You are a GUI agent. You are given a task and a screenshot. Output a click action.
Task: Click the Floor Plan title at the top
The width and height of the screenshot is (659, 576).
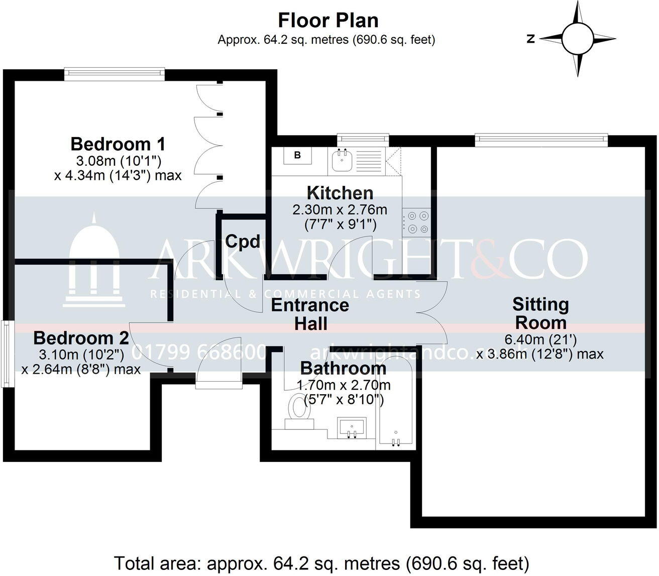[328, 21]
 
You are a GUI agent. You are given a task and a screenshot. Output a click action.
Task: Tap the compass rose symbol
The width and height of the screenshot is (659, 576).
[578, 39]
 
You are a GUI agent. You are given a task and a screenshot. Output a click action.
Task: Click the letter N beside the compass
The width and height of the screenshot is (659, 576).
[530, 39]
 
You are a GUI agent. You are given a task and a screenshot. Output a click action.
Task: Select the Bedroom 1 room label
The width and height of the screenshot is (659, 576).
[118, 144]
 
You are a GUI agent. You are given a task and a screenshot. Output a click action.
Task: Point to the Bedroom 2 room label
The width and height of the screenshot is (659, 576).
[81, 337]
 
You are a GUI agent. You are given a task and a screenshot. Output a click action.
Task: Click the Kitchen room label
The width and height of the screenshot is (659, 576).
[340, 193]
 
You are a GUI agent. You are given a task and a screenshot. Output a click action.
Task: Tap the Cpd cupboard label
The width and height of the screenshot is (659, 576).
[243, 242]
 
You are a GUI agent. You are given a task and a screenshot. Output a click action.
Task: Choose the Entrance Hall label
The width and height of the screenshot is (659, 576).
[310, 314]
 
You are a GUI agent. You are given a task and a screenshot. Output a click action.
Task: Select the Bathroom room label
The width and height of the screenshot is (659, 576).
[343, 368]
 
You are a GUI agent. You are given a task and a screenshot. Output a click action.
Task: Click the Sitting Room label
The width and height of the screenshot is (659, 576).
[540, 313]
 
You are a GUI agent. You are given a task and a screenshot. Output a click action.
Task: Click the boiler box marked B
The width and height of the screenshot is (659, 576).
[297, 156]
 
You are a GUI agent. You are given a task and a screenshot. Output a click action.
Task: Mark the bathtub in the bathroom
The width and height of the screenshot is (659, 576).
[396, 402]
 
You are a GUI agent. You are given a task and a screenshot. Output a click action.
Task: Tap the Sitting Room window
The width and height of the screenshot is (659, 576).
[541, 139]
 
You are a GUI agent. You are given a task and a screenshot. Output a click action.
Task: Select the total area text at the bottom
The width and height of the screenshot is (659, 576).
[321, 562]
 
